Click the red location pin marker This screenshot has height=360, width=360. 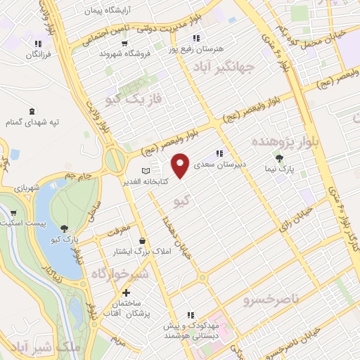(181, 165)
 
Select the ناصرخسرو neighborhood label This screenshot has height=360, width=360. (271, 301)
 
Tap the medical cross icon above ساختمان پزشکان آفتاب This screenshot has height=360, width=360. (126, 292)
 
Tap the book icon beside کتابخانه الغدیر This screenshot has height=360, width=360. (146, 171)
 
